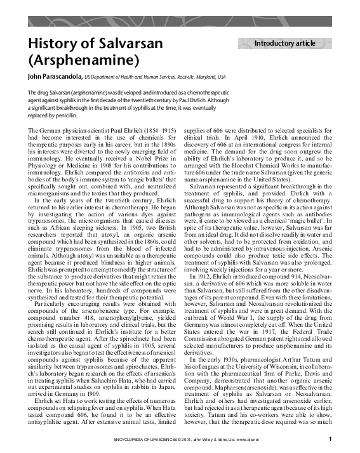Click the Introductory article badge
(284, 43)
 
